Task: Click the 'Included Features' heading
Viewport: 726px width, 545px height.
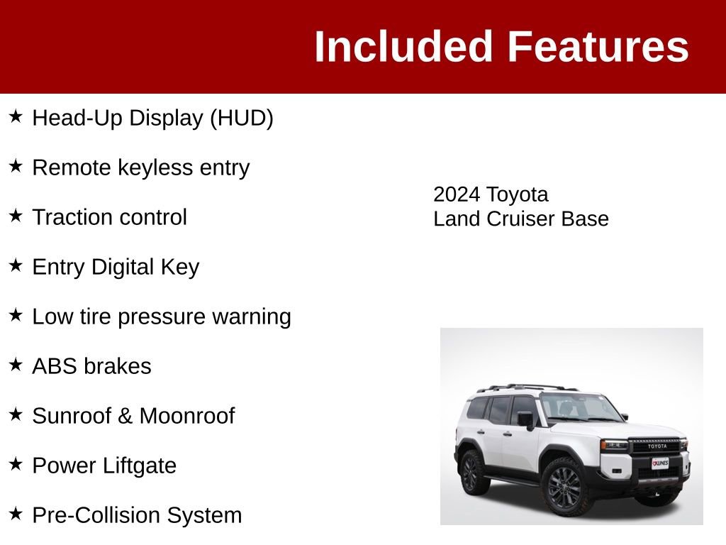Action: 501,47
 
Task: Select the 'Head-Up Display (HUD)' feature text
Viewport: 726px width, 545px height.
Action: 152,118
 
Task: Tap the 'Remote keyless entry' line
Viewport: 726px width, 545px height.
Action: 140,167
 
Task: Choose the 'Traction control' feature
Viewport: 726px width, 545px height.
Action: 109,217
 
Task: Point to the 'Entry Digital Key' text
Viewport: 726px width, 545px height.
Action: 116,267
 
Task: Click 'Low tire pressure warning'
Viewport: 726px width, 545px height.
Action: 162,316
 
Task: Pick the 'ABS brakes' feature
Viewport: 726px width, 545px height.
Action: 91,366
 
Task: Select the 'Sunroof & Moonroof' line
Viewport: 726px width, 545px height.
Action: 133,416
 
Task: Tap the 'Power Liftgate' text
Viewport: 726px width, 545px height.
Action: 104,466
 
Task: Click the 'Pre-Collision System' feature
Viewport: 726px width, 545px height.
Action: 137,515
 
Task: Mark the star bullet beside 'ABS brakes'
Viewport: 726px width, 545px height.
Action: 16,365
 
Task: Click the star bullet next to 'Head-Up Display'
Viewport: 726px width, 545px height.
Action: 16,116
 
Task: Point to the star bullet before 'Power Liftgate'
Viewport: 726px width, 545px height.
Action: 16,464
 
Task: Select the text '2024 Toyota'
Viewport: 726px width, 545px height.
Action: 491,194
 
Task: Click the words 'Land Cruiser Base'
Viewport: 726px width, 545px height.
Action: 521,219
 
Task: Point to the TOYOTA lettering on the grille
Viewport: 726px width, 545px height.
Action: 657,446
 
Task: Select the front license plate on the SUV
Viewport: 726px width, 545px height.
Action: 660,463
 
